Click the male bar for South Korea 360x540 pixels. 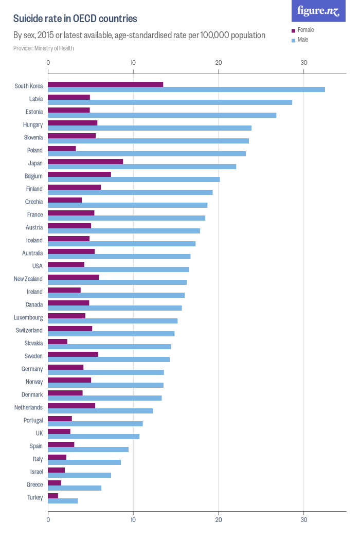186,89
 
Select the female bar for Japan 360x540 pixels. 85,161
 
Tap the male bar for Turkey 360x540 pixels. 63,501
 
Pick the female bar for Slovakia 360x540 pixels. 58,341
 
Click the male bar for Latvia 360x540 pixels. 170,102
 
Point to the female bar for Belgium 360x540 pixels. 79,174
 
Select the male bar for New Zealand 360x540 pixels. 117,282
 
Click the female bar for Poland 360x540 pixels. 62,149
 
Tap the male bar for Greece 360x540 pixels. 75,488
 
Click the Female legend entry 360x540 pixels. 305,30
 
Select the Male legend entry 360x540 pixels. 302,40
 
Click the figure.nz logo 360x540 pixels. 318,11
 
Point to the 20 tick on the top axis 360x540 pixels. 219,63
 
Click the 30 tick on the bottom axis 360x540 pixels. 304,520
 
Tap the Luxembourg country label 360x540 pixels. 28,317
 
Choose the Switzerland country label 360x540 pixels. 29,330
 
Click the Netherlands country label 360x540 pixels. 28,407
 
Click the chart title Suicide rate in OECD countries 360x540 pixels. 75,19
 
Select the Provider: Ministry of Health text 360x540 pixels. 43,48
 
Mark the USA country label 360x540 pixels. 37,266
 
